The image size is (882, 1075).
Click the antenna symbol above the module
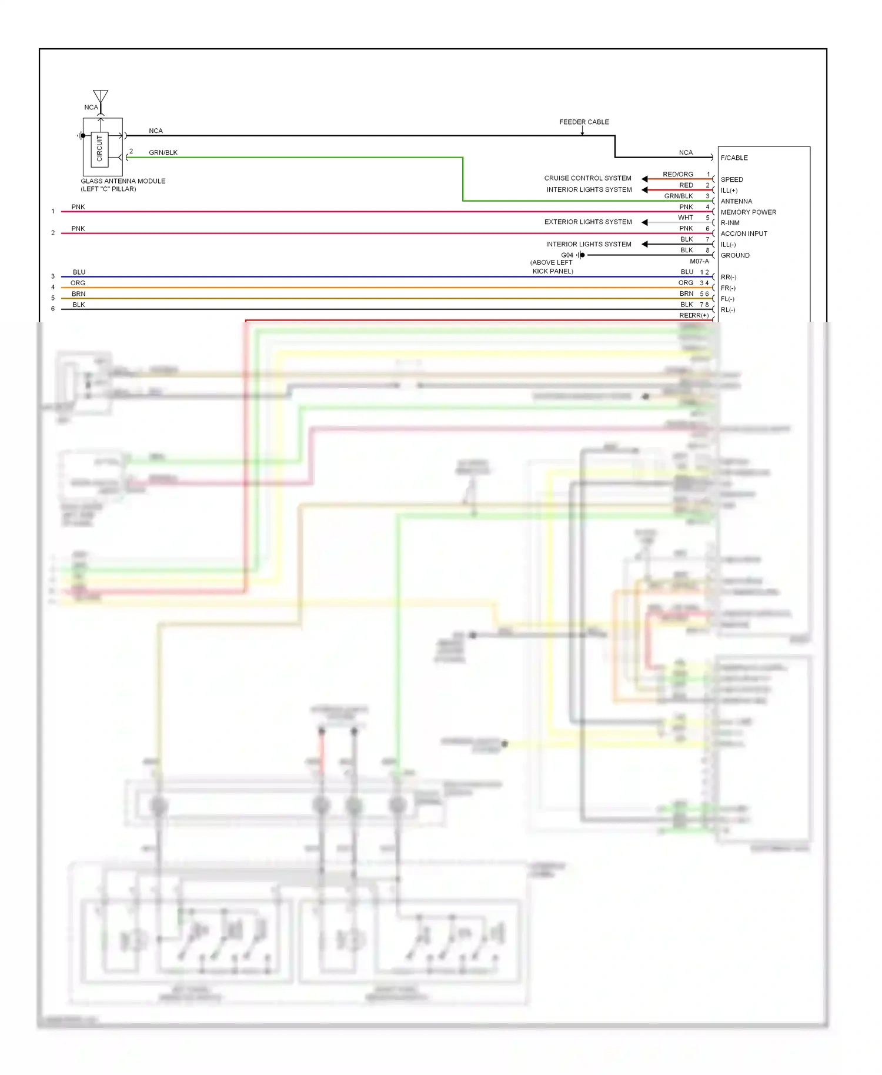point(101,97)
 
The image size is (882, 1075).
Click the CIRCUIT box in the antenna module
point(99,148)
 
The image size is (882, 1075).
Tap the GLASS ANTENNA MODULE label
point(123,181)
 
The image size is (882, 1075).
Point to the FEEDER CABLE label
point(584,122)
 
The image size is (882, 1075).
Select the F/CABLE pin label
point(734,158)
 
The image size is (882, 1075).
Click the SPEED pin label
point(731,179)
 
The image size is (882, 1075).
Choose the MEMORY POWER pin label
point(748,212)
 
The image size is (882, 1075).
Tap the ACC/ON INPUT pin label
point(744,233)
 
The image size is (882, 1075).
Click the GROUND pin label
point(735,255)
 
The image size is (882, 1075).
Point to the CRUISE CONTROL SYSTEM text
point(587,178)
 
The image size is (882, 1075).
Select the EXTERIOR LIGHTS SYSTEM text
point(588,222)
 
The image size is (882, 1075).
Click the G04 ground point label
point(567,255)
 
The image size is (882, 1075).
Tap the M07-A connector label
point(699,262)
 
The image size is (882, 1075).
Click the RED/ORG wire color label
point(677,175)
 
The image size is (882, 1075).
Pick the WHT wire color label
point(685,218)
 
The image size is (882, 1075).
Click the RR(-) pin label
point(728,277)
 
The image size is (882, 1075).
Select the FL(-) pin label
point(727,299)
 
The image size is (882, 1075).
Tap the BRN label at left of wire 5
point(78,294)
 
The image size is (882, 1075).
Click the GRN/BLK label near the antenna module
point(163,153)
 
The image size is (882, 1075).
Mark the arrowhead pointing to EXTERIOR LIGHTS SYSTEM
point(644,222)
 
